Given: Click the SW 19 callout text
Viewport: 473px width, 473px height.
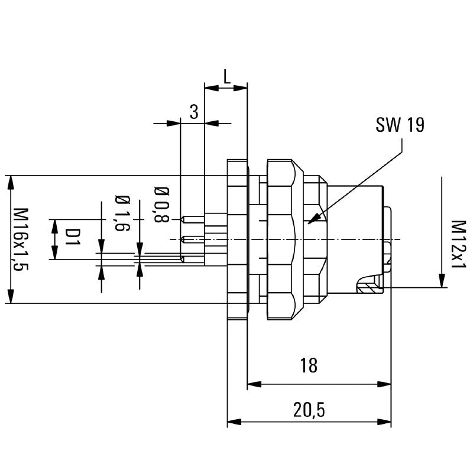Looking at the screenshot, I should (x=400, y=125).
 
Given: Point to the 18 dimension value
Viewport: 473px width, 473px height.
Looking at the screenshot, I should (x=309, y=365).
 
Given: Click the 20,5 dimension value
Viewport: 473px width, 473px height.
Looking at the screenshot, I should (x=309, y=409).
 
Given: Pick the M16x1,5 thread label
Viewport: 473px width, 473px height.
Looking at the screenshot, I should (x=22, y=239).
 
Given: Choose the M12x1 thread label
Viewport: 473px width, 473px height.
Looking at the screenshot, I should (x=458, y=245).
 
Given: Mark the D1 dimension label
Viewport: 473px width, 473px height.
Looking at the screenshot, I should (x=72, y=239).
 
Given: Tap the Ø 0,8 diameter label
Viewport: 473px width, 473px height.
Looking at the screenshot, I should (x=161, y=205).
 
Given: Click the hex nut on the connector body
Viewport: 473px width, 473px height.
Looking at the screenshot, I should (x=281, y=239).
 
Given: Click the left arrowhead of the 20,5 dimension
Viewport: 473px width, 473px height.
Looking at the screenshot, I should (x=229, y=422).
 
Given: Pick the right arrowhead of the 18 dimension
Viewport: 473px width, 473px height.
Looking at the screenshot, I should (x=390, y=384).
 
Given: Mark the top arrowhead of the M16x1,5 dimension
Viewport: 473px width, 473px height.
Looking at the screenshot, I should (x=10, y=177).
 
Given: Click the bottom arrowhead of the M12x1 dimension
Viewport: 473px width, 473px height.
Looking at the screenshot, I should (x=441, y=285).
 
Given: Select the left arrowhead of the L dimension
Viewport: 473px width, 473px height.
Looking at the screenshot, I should (x=206, y=88).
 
